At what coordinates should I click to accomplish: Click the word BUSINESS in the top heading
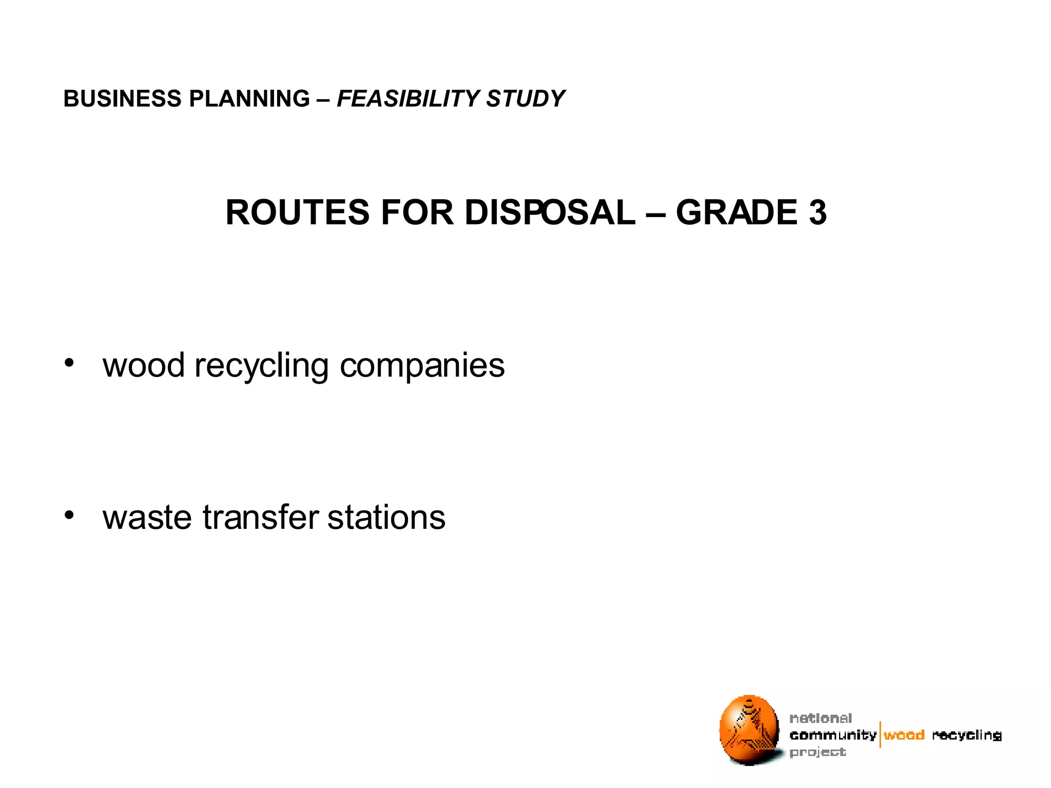[x=122, y=98]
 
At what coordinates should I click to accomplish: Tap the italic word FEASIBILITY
[x=408, y=98]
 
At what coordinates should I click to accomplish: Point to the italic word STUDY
[x=525, y=98]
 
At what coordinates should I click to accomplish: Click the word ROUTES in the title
[x=297, y=212]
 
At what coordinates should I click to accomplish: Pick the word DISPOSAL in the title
[x=550, y=212]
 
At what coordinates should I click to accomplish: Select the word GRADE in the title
[x=736, y=212]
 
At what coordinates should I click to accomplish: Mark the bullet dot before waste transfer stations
[x=69, y=515]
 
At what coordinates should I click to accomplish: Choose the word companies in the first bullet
[x=422, y=366]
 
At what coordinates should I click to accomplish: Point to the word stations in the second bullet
[x=386, y=518]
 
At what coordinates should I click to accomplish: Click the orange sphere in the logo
[x=749, y=730]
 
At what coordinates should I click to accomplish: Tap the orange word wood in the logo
[x=904, y=735]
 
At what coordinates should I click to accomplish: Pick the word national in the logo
[x=821, y=718]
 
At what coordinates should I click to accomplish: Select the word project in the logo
[x=818, y=753]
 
